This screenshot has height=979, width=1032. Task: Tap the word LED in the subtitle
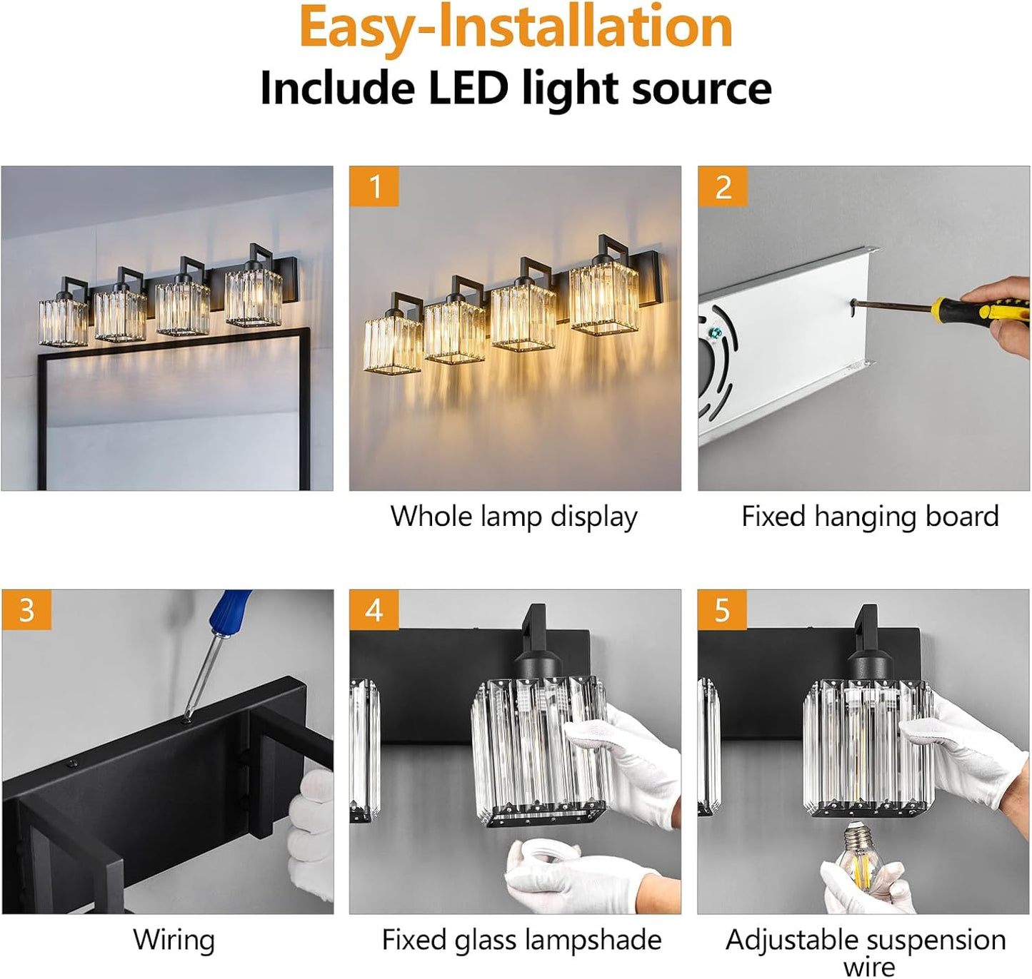point(468,88)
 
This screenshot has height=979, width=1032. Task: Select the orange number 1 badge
point(374,187)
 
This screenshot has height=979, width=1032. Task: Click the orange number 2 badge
point(723,187)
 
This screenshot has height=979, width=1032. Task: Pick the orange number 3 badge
point(26,610)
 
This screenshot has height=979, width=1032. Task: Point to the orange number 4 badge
point(374,610)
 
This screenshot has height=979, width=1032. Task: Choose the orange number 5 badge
point(722,610)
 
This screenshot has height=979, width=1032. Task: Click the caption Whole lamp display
point(514,517)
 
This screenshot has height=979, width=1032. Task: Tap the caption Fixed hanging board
point(869,517)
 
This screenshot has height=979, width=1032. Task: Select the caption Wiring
point(174,940)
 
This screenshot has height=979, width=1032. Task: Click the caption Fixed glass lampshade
point(521,940)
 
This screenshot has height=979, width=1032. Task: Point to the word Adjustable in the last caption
point(786,940)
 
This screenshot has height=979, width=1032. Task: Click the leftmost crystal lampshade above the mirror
point(63,321)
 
